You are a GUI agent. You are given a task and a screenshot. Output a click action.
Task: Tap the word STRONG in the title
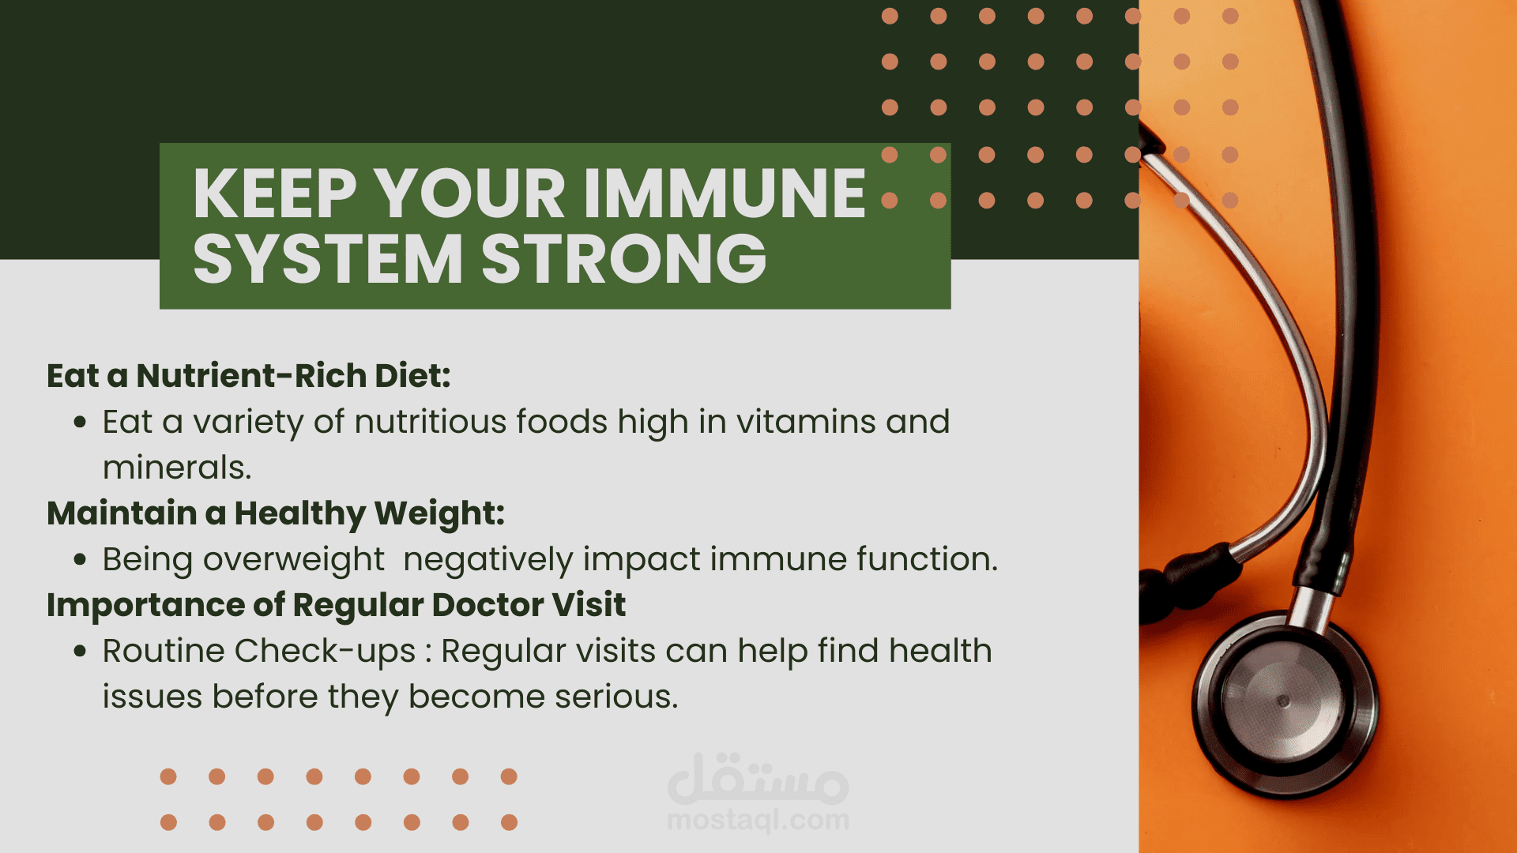click(x=624, y=258)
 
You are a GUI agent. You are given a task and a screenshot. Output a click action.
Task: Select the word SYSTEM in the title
click(x=328, y=258)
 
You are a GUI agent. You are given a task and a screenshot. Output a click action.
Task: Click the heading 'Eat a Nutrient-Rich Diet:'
click(x=249, y=375)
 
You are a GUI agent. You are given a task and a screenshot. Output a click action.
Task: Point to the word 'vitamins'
click(x=806, y=422)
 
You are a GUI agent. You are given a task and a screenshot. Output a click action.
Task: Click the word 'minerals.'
click(x=177, y=468)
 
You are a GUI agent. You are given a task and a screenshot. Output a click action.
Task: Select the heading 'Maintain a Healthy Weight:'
click(x=276, y=513)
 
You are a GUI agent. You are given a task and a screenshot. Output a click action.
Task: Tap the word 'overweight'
click(x=293, y=560)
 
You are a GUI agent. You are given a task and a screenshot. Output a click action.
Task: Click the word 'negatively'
click(x=488, y=560)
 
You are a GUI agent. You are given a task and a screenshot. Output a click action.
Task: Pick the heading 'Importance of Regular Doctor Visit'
click(x=336, y=605)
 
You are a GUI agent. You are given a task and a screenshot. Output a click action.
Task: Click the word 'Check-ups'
click(x=326, y=652)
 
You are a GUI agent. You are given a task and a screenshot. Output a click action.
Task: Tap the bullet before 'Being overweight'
click(x=80, y=560)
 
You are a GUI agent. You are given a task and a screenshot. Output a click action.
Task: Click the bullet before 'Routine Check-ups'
click(x=80, y=652)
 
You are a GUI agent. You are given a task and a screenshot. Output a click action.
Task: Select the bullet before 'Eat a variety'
click(x=80, y=423)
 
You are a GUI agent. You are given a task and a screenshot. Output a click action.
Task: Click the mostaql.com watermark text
click(x=758, y=821)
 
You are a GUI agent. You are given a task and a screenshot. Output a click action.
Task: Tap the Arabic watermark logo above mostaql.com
click(x=758, y=779)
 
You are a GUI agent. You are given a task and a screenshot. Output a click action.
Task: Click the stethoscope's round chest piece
click(x=1284, y=701)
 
